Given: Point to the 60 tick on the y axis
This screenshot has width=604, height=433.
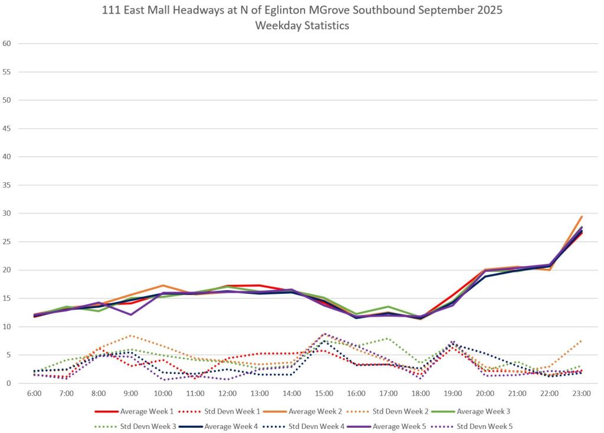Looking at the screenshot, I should [8, 44].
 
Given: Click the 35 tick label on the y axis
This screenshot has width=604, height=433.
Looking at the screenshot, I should [8, 185].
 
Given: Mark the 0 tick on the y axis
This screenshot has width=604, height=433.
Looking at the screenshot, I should [9, 383].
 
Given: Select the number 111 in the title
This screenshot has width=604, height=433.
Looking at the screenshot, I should [111, 11].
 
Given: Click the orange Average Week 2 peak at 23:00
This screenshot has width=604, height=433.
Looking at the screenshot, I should [582, 216].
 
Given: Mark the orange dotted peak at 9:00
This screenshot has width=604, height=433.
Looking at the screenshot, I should [132, 336].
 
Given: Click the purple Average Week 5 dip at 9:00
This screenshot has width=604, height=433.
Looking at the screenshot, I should [132, 314].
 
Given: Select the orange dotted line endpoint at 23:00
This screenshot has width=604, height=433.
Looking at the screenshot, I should [582, 341].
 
